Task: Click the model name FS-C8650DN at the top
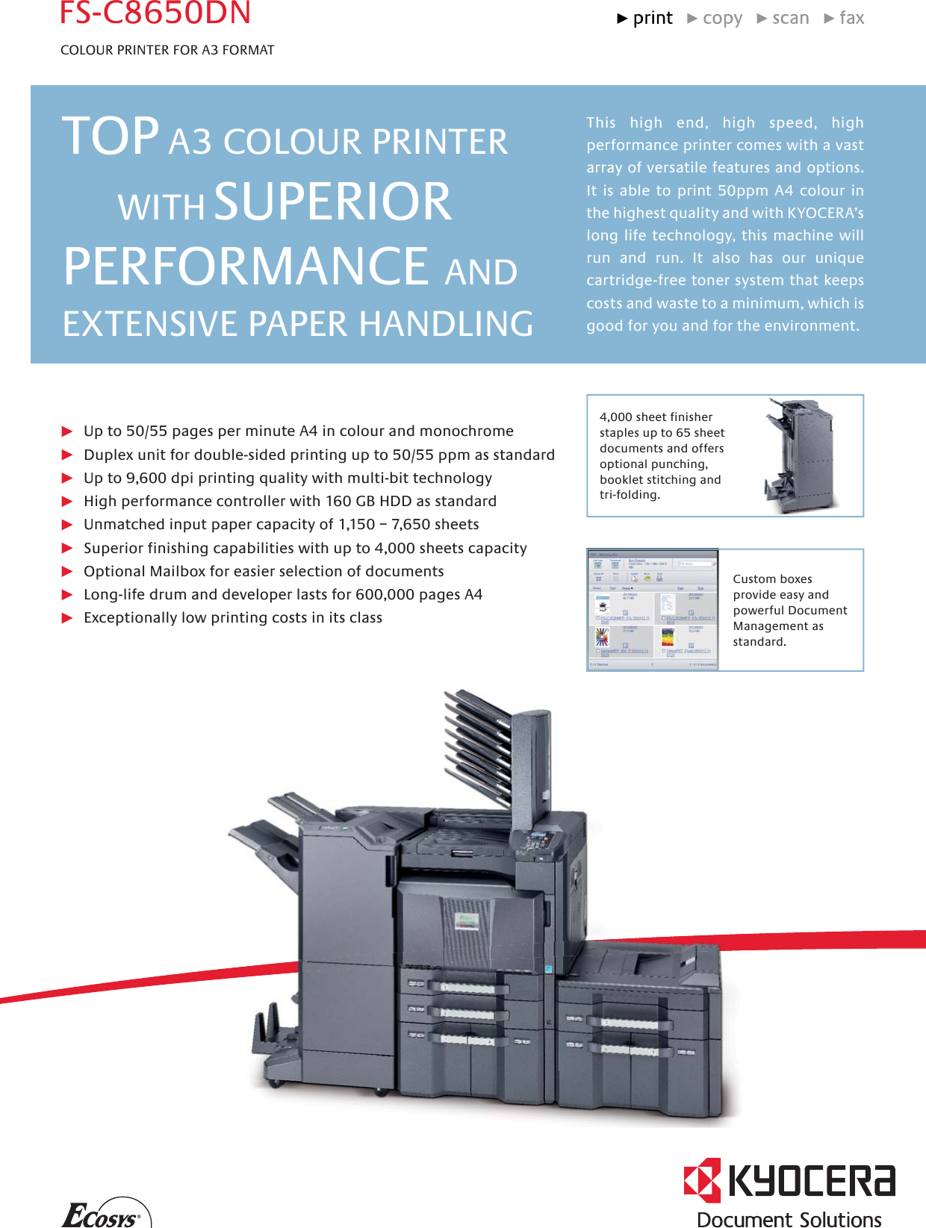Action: pyautogui.click(x=155, y=13)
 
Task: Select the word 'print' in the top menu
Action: pyautogui.click(x=653, y=19)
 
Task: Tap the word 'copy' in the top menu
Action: pyautogui.click(x=722, y=19)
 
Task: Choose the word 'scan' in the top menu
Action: pyautogui.click(x=790, y=19)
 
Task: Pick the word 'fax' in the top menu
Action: pyautogui.click(x=851, y=19)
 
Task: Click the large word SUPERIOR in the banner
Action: pyautogui.click(x=333, y=202)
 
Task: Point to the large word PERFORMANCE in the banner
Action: pyautogui.click(x=246, y=267)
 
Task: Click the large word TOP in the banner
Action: pyautogui.click(x=111, y=137)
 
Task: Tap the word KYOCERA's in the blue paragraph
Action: pyautogui.click(x=825, y=214)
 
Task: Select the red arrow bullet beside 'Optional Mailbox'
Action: pyautogui.click(x=67, y=572)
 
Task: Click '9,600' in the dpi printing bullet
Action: pyautogui.click(x=146, y=479)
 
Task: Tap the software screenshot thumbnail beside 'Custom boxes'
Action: pyautogui.click(x=653, y=610)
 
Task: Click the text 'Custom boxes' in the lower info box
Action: pyautogui.click(x=772, y=579)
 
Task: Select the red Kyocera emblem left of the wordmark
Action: pyautogui.click(x=702, y=1180)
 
